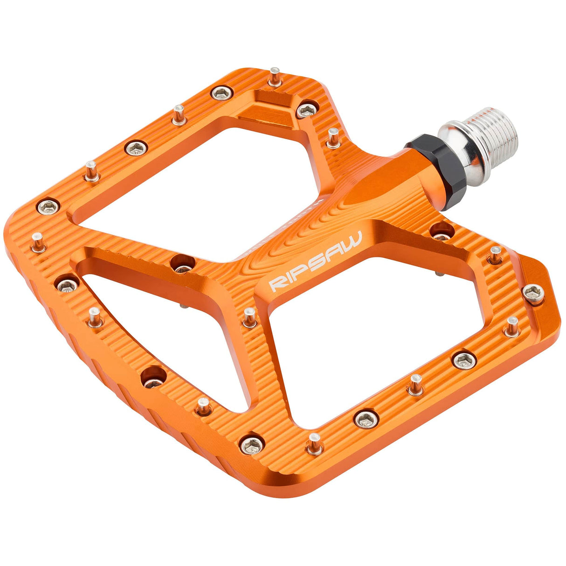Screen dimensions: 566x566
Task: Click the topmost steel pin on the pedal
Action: (275, 77)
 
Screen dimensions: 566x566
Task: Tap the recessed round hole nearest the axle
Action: (441, 231)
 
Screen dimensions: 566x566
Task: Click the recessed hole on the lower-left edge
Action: (153, 376)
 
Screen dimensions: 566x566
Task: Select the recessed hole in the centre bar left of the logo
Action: (182, 263)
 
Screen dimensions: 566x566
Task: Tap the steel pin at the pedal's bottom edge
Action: (315, 443)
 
